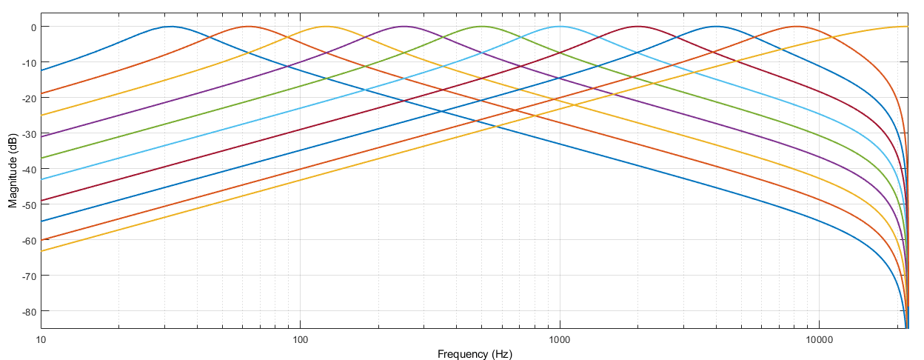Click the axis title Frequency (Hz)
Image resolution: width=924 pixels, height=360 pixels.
pos(475,353)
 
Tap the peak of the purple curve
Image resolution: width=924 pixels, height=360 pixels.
pos(404,27)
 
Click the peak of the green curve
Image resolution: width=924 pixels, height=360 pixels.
pos(482,27)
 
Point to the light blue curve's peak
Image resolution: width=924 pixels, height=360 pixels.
pos(560,27)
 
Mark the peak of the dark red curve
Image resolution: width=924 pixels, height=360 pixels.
pos(637,27)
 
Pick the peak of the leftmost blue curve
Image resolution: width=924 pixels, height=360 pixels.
pos(171,27)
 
